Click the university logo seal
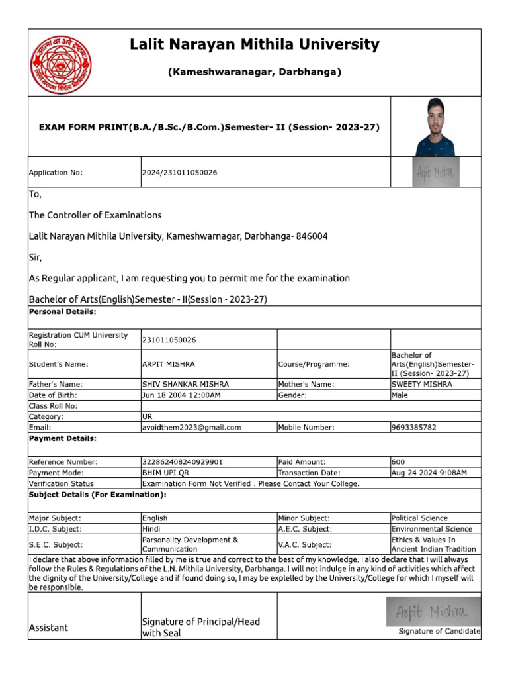pos(62,64)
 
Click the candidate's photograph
pos(435,127)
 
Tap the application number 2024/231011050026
pos(180,173)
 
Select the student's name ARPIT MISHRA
pos(169,364)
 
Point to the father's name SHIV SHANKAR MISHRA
pos(185,384)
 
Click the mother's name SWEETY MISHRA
pos(422,384)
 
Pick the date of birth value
pos(181,395)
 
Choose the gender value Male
pos(400,395)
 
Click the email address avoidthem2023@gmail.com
pos(192,428)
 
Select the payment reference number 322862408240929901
pos(183,462)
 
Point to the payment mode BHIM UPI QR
pos(168,473)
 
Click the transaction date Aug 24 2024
pos(429,473)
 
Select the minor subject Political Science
pos(419,518)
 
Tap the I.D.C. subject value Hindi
pos(151,529)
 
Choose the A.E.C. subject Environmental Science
pos(432,529)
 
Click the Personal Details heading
pos(63,311)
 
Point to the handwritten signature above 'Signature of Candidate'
pos(434,611)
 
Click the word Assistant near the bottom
pos(48,628)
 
